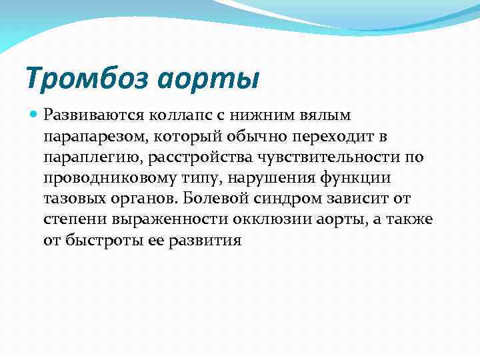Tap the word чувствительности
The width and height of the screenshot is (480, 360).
pos(328,157)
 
